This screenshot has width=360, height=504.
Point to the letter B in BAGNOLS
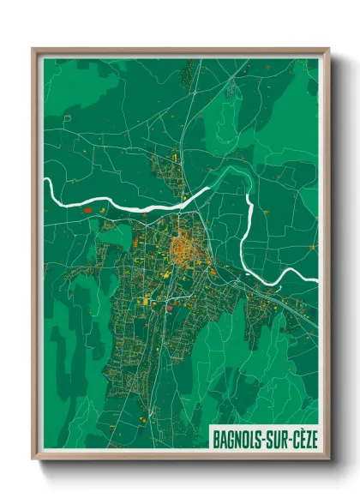[x=215, y=438]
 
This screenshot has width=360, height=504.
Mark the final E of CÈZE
[x=314, y=438]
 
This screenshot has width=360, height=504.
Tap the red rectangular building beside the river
[x=87, y=208]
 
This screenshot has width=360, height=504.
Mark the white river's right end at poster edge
[x=316, y=280]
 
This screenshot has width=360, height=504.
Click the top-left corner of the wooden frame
[x=33, y=49]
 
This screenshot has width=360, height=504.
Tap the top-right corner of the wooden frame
[x=329, y=49]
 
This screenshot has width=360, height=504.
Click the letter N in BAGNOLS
[x=237, y=438]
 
